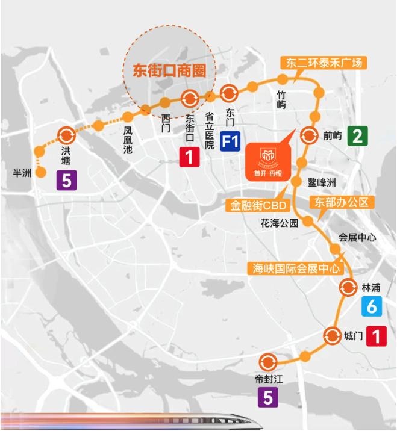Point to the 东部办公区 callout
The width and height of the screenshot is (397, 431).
tap(342, 202)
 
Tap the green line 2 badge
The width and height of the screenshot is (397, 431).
tap(357, 137)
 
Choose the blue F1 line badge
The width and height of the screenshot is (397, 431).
tap(231, 143)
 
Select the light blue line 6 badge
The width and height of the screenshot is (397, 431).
tap(372, 307)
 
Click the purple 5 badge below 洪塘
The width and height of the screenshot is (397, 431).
tap(66, 179)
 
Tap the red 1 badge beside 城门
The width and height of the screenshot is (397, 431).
tap(377, 336)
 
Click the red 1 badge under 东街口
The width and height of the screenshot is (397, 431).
tap(189, 158)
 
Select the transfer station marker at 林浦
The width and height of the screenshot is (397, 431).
tap(348, 288)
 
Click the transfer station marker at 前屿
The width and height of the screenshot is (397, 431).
tap(309, 135)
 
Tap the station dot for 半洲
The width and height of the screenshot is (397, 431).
tap(41, 173)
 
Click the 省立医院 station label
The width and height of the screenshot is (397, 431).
tap(209, 131)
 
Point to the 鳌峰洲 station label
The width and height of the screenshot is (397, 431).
tap(321, 182)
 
